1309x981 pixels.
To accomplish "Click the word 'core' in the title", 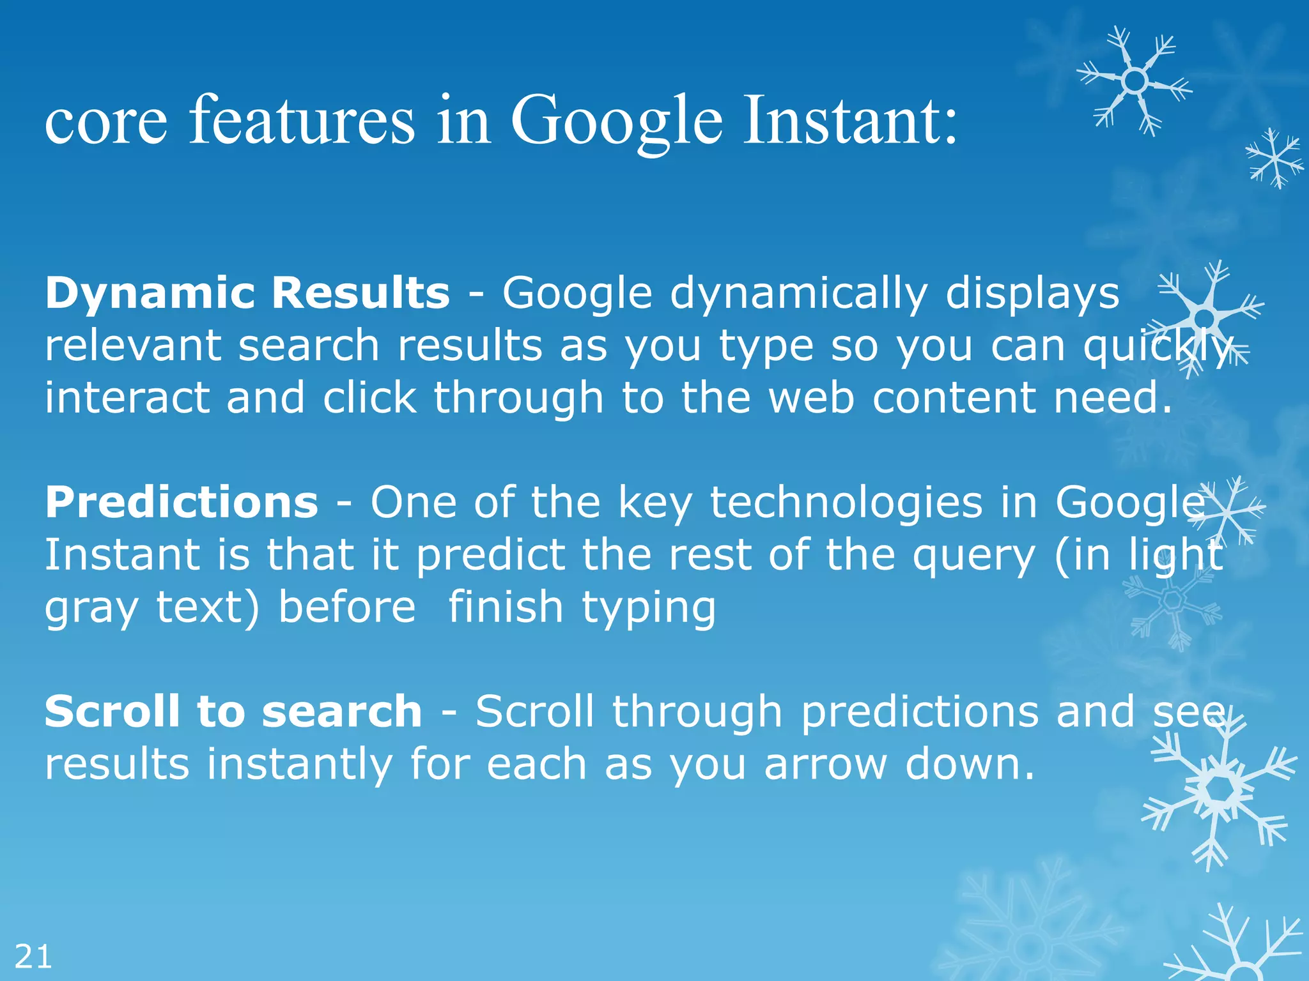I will pyautogui.click(x=106, y=121).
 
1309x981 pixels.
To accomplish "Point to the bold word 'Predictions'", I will pyautogui.click(x=182, y=502).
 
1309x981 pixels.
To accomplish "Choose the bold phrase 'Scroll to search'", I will pyautogui.click(x=233, y=711).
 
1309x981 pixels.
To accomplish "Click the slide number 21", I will pyautogui.click(x=33, y=957).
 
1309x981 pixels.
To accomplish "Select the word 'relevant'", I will pyautogui.click(x=133, y=346).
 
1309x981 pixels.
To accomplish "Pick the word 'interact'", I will pyautogui.click(x=127, y=397).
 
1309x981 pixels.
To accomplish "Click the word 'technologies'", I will pyautogui.click(x=846, y=503).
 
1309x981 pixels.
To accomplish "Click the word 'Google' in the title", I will pyautogui.click(x=617, y=121).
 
